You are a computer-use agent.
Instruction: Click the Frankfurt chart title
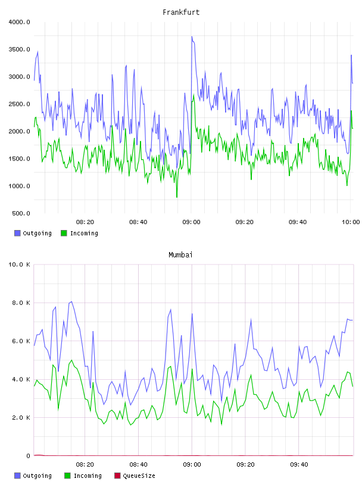click(181, 12)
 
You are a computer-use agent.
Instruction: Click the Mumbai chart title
click(180, 255)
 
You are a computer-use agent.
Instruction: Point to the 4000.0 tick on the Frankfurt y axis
click(19, 22)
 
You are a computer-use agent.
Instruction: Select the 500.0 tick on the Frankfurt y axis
click(21, 213)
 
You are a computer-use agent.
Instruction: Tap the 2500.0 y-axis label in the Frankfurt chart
click(19, 104)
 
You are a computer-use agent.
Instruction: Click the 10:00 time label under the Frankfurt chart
click(351, 222)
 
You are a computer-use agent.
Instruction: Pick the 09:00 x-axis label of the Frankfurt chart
click(191, 222)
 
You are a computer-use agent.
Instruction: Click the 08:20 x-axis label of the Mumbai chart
click(85, 465)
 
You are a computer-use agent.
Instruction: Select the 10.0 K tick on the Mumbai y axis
click(19, 264)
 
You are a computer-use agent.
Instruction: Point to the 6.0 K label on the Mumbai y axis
click(21, 341)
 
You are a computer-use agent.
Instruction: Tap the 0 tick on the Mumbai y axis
click(28, 456)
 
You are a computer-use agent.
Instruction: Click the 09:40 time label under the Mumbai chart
click(299, 465)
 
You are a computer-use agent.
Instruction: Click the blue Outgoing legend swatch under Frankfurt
click(17, 233)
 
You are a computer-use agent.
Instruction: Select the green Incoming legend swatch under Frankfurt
click(64, 233)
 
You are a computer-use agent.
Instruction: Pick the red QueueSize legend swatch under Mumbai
click(117, 475)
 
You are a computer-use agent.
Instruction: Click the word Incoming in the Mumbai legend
click(88, 475)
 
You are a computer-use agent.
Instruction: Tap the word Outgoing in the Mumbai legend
click(37, 475)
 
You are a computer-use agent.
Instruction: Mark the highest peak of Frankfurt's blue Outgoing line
click(192, 36)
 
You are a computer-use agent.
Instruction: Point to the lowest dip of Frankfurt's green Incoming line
click(177, 197)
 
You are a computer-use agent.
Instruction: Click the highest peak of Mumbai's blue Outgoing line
click(71, 301)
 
